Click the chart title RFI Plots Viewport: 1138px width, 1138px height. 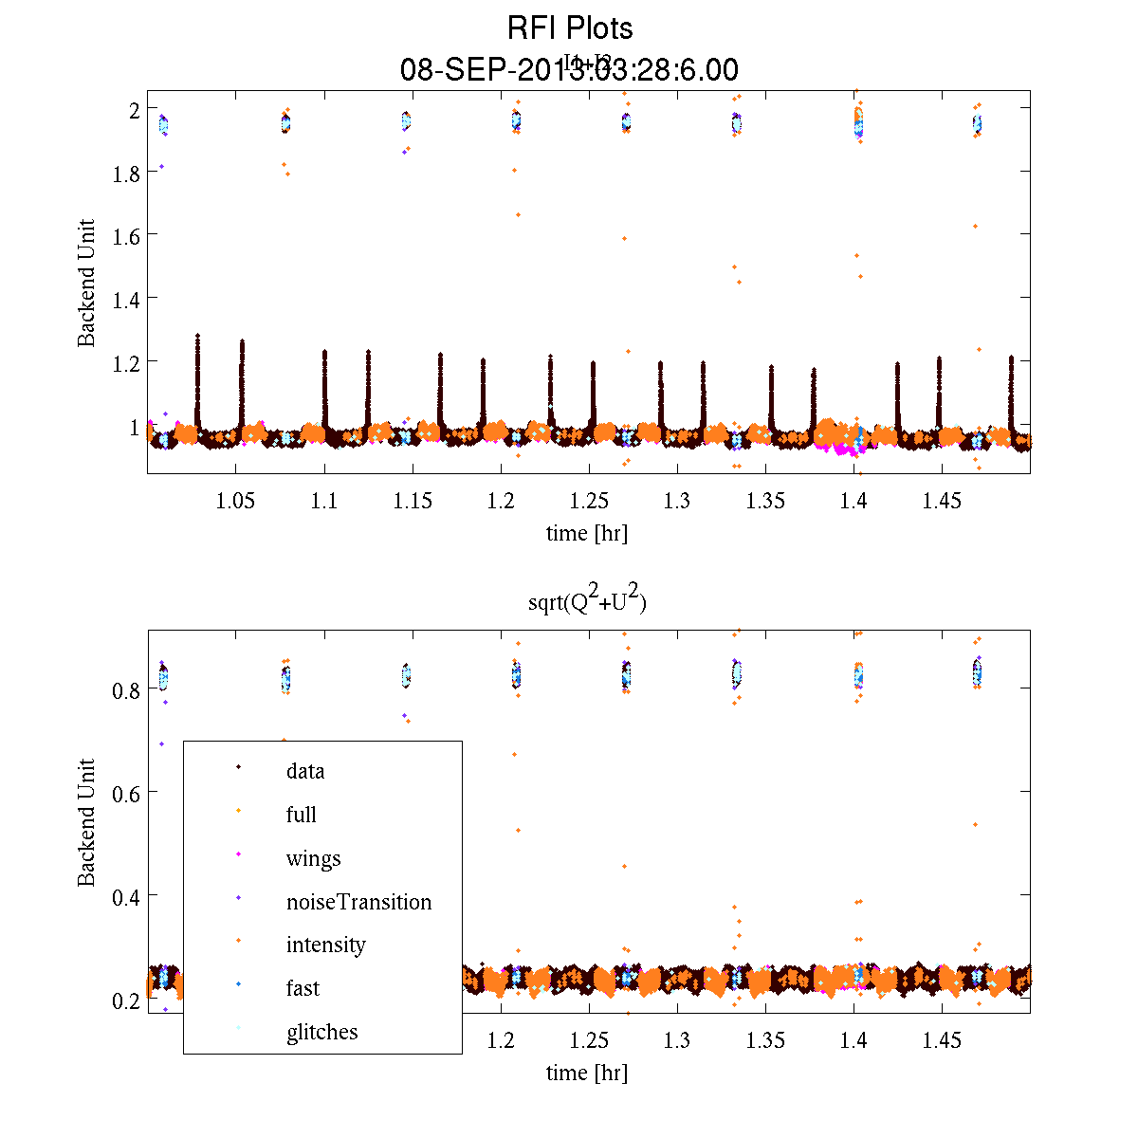pyautogui.click(x=569, y=28)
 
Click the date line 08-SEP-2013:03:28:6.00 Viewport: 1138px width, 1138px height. pyautogui.click(x=569, y=70)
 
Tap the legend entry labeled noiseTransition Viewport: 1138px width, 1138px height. pyautogui.click(x=358, y=902)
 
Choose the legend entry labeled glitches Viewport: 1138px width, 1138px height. pyautogui.click(x=321, y=1032)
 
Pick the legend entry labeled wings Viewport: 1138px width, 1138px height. pyautogui.click(x=313, y=859)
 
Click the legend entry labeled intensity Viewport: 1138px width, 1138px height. pyautogui.click(x=325, y=945)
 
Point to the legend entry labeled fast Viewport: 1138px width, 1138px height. pyautogui.click(x=303, y=988)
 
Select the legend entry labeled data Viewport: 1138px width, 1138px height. pyautogui.click(x=304, y=771)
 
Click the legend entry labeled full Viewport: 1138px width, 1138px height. pyautogui.click(x=301, y=815)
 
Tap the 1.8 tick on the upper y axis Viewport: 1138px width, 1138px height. pyautogui.click(x=126, y=173)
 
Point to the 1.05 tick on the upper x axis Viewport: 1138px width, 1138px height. pyautogui.click(x=235, y=502)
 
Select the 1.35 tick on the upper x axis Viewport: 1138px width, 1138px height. pyautogui.click(x=765, y=502)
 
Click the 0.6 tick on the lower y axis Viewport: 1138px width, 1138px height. pyautogui.click(x=126, y=792)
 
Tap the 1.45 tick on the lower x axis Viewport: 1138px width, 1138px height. pyautogui.click(x=942, y=1041)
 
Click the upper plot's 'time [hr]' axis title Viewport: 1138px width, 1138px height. pyautogui.click(x=586, y=533)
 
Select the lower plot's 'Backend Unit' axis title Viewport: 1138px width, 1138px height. pyautogui.click(x=86, y=822)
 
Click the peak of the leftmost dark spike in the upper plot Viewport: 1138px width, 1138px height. pyautogui.click(x=197, y=335)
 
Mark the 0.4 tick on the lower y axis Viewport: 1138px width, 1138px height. pyautogui.click(x=126, y=896)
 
